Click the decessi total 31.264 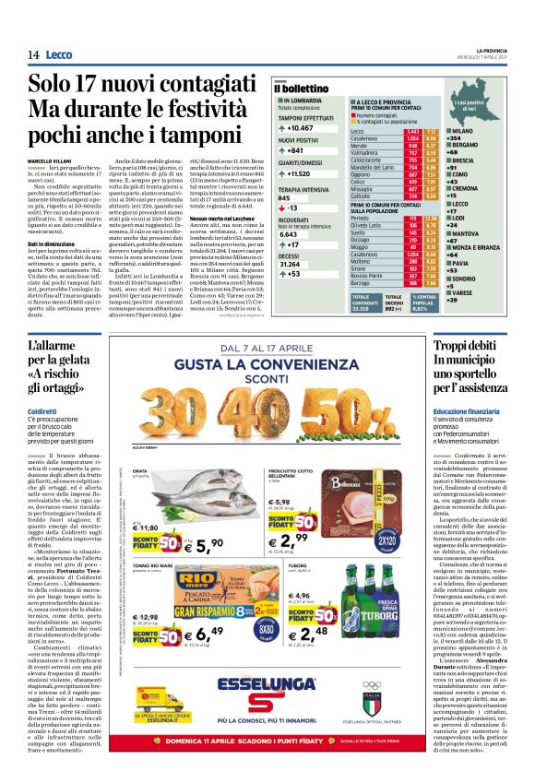click(294, 264)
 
